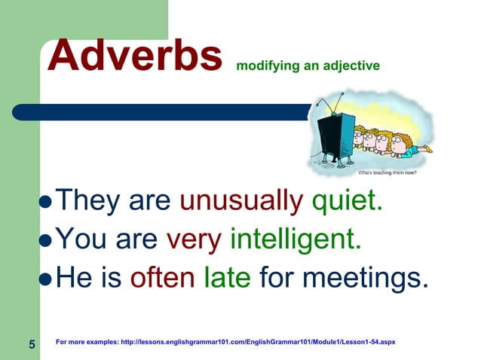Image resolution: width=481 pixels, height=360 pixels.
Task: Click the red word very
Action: (193, 240)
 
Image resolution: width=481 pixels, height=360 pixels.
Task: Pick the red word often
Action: (162, 279)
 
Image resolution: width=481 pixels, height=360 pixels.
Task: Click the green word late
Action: (227, 279)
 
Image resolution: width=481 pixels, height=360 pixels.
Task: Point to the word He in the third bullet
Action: (74, 279)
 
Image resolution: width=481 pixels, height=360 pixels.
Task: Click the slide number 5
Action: (32, 344)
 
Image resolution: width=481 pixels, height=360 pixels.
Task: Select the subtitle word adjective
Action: (352, 66)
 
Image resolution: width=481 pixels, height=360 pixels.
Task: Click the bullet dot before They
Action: (47, 203)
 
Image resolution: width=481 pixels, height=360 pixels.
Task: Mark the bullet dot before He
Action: (47, 280)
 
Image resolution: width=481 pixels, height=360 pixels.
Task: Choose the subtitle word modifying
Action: (262, 66)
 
